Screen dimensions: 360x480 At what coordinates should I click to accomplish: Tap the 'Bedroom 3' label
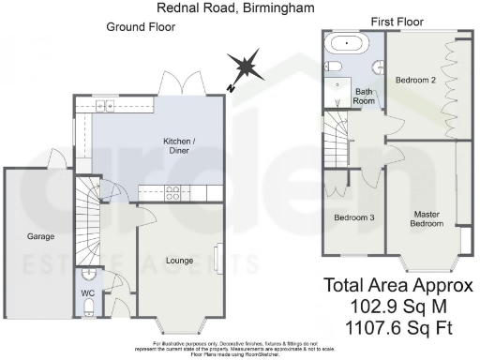(x=354, y=218)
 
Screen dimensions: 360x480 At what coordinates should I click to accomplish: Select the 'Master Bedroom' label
(x=427, y=219)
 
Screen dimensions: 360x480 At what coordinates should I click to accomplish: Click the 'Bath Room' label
(x=364, y=97)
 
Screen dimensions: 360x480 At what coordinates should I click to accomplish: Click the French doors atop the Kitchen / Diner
(x=181, y=83)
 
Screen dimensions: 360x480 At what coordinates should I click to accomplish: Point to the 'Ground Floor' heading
(x=139, y=27)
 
